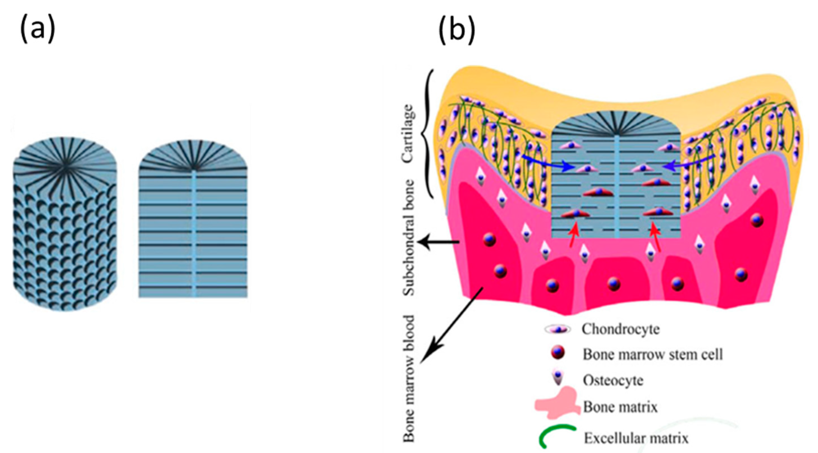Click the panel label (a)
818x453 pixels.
38,31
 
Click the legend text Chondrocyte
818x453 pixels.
620,329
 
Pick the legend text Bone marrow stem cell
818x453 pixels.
652,354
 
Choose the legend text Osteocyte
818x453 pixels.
613,380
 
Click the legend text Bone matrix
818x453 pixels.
620,407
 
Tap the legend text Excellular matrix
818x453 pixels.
636,438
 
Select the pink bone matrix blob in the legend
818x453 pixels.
558,407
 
